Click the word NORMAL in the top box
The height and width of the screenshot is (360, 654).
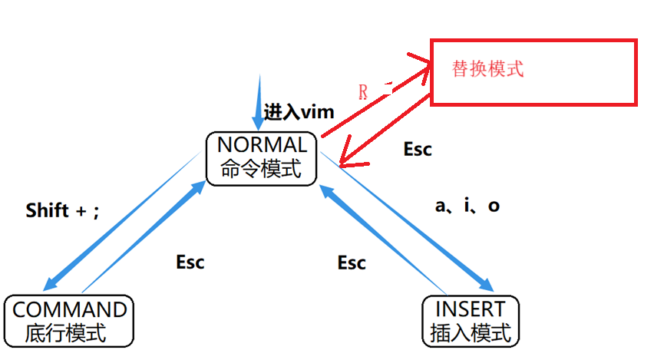[x=262, y=144]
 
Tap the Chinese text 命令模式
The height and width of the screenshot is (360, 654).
[x=262, y=169]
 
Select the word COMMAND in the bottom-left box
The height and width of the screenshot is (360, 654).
[x=70, y=309]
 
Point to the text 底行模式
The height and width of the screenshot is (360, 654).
[x=66, y=333]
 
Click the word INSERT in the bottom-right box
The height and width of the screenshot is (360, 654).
[x=471, y=309]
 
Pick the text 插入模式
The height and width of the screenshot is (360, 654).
[x=471, y=333]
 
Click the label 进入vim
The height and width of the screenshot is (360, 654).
[x=299, y=112]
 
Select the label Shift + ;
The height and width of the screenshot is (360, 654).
[x=63, y=210]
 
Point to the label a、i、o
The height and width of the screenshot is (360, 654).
[x=467, y=206]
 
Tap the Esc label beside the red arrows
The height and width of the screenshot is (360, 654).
[x=418, y=149]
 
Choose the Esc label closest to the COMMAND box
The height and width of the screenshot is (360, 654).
[x=190, y=262]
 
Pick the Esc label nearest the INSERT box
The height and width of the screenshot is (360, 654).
[x=352, y=263]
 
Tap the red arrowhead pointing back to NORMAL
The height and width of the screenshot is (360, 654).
[x=347, y=161]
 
